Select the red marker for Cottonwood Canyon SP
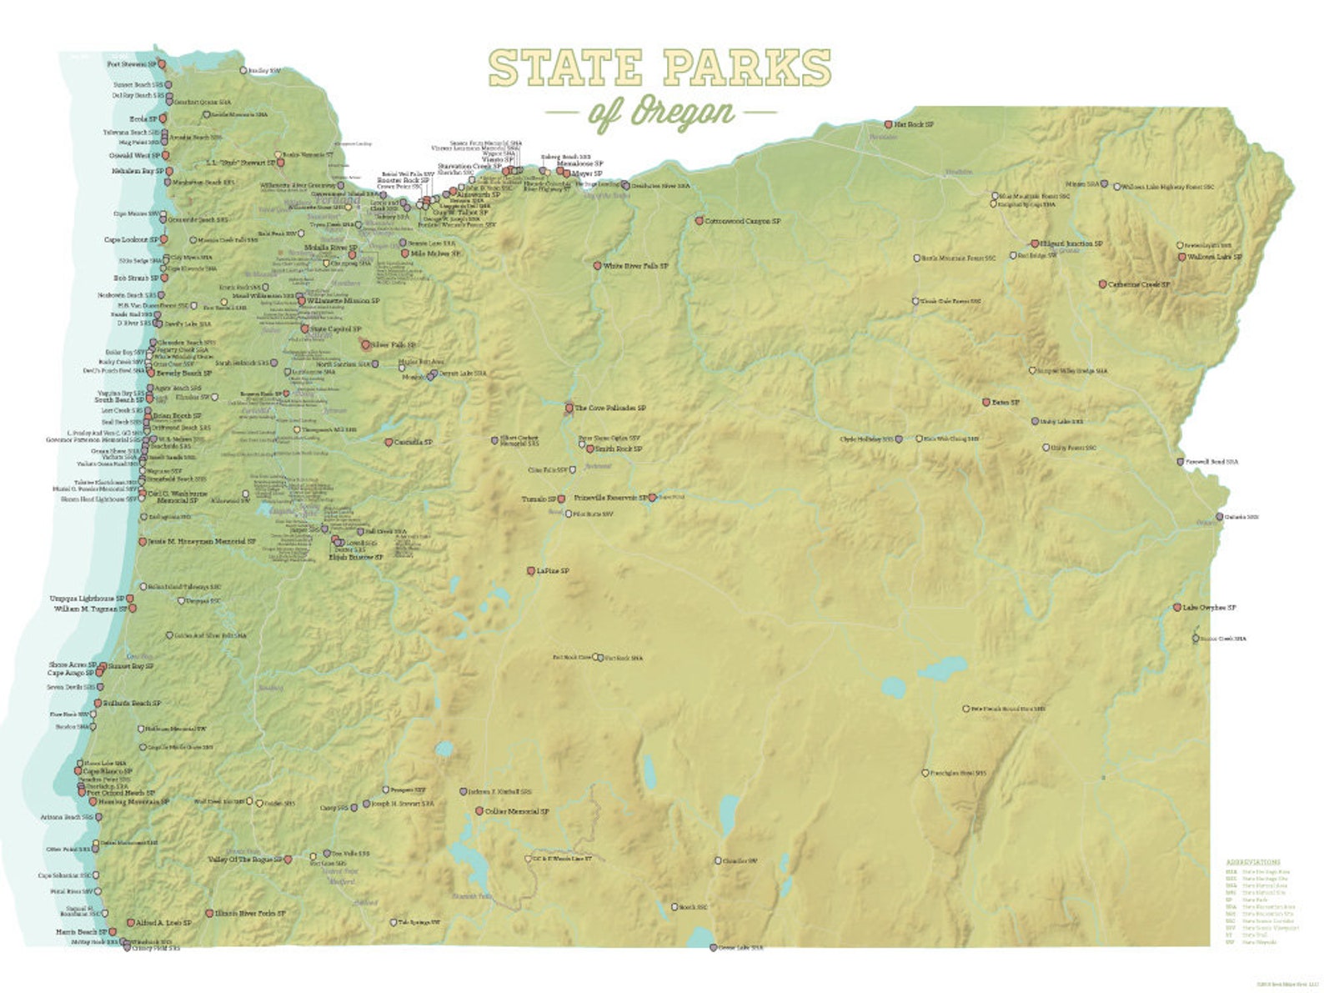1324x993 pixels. (x=700, y=221)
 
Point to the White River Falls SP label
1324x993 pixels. (x=635, y=265)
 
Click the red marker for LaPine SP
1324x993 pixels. (x=531, y=571)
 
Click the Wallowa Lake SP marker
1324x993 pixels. (x=1181, y=257)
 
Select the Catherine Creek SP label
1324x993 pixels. (x=1139, y=284)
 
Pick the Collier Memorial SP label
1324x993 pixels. (x=516, y=810)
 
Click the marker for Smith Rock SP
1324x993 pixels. (x=590, y=449)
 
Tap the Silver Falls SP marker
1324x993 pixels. (x=365, y=344)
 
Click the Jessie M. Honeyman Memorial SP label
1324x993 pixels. (x=201, y=541)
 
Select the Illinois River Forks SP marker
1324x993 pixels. (x=210, y=914)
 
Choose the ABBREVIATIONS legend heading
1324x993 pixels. (x=1252, y=862)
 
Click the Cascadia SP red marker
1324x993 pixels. (x=389, y=442)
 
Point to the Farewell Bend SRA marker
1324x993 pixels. (x=1180, y=461)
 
